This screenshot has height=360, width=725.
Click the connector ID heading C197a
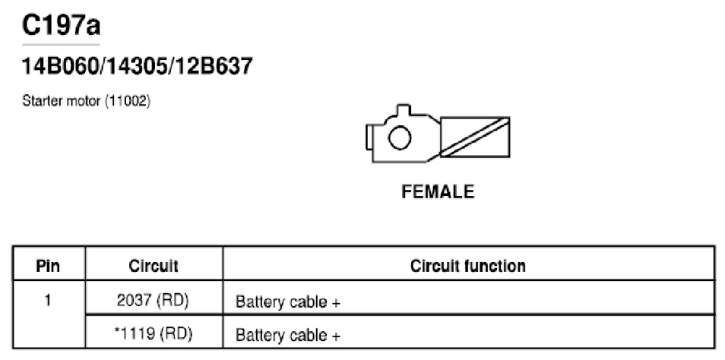coord(61,25)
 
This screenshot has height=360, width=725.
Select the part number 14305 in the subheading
coord(135,66)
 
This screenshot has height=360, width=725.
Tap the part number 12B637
coord(212,66)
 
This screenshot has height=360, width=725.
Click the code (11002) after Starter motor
coord(128,101)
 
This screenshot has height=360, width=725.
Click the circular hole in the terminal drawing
coord(400,138)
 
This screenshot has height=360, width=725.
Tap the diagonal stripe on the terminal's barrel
coord(475,137)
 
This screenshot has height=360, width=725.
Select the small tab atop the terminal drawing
coord(404,110)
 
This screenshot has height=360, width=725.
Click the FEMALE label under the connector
coord(438,192)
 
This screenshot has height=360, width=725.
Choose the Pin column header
coord(48,266)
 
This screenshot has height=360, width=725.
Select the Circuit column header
coord(154,266)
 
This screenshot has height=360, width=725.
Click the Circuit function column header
coord(468,266)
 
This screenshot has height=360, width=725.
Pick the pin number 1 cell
coord(48,301)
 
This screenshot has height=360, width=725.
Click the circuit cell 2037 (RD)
coord(153,301)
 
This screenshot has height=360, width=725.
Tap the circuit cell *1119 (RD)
coord(153,333)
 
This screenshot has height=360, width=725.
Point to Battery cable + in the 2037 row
coord(288,302)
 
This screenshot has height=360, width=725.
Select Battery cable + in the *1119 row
coord(288,335)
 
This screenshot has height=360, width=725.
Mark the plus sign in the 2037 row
coord(336,303)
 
